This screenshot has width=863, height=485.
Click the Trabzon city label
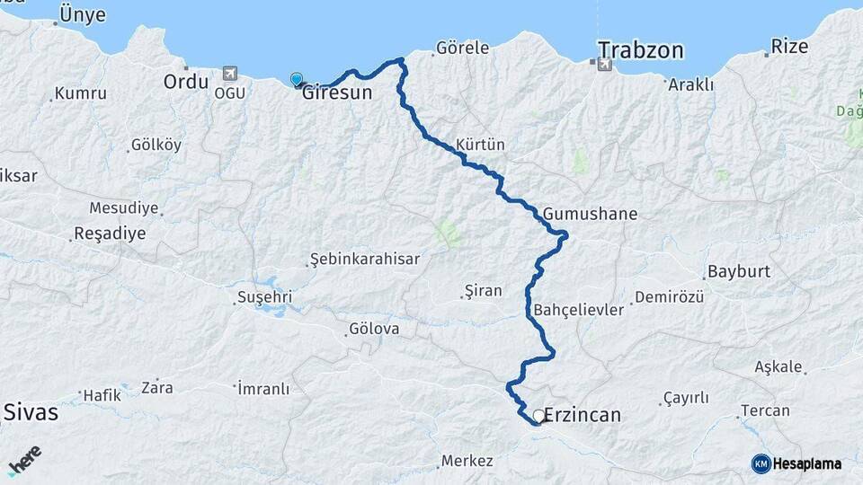tap(641, 49)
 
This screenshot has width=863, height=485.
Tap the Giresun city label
tap(337, 92)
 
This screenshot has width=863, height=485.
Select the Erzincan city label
tap(583, 416)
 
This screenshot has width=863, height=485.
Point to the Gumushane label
tap(590, 214)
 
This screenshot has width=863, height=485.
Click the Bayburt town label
tap(739, 271)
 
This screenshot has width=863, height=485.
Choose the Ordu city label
tap(186, 82)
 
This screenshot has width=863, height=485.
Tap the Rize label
tap(790, 46)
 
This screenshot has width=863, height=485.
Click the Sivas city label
tap(31, 412)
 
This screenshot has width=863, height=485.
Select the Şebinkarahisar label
tap(364, 259)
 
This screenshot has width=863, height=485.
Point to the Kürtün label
tap(480, 144)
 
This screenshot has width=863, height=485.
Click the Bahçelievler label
tap(578, 310)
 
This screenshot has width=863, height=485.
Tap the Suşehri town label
tap(264, 296)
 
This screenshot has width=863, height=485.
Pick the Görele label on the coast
tap(462, 48)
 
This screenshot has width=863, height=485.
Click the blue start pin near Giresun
tap(297, 80)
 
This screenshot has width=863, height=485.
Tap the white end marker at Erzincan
tap(538, 416)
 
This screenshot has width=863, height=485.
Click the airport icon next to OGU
tap(231, 72)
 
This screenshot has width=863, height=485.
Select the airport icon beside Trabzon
tap(603, 64)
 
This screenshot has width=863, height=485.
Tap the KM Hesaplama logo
tap(796, 463)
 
